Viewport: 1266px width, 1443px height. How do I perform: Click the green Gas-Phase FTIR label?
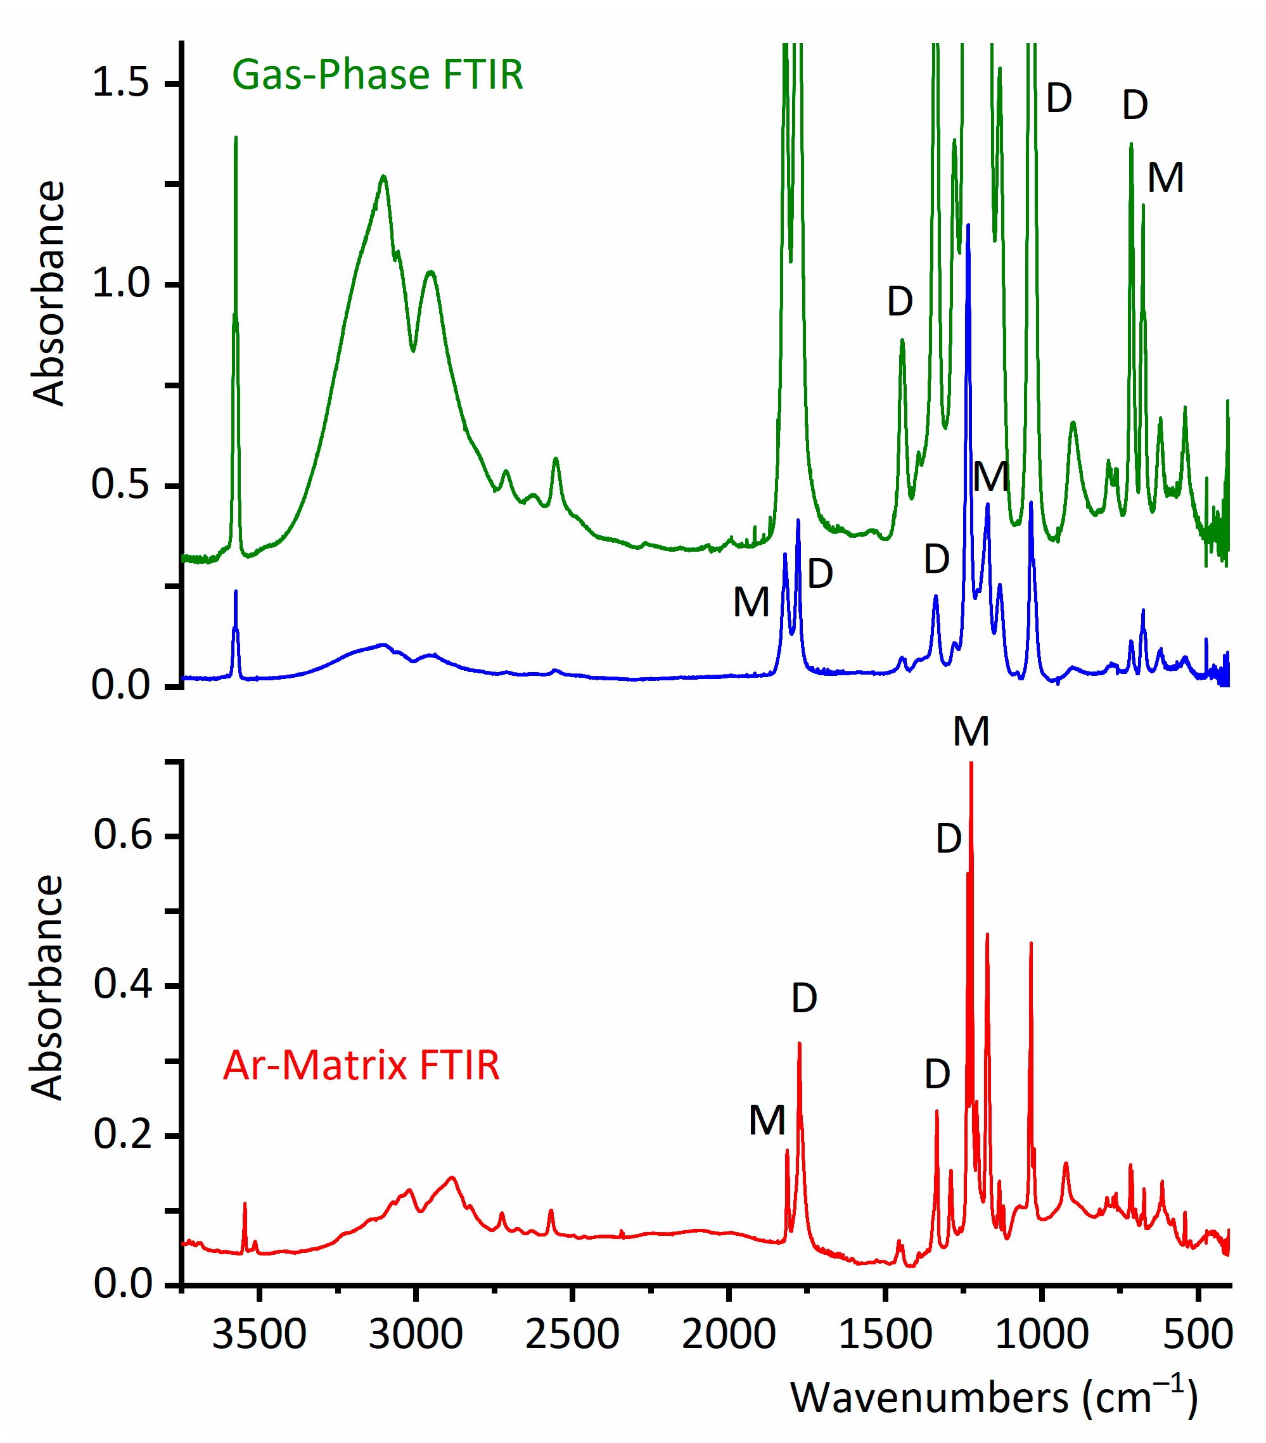pyautogui.click(x=377, y=75)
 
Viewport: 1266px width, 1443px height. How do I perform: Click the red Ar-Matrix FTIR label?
pyautogui.click(x=361, y=1065)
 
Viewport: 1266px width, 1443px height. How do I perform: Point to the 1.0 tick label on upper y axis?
pyautogui.click(x=121, y=284)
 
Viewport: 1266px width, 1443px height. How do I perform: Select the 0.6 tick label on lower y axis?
pyautogui.click(x=123, y=834)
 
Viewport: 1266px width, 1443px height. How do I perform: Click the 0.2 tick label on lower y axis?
pyautogui.click(x=123, y=1135)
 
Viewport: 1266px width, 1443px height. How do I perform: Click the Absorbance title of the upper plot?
pyautogui.click(x=48, y=293)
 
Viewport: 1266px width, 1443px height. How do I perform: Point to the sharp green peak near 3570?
pyautogui.click(x=236, y=138)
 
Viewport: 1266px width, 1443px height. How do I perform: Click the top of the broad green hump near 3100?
pyautogui.click(x=383, y=177)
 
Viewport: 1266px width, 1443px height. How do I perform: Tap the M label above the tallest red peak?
pyautogui.click(x=971, y=732)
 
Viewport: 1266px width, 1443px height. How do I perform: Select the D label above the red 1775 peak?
pyautogui.click(x=804, y=998)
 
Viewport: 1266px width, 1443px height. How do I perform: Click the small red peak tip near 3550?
pyautogui.click(x=245, y=1204)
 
